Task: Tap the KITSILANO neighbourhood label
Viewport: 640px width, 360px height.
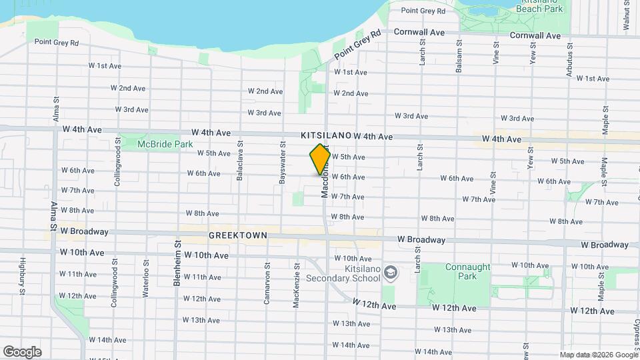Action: (x=325, y=135)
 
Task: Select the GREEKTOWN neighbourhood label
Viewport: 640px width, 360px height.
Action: (x=237, y=235)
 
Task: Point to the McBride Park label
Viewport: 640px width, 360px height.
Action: (x=155, y=144)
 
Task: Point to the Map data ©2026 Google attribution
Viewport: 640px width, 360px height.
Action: (x=597, y=355)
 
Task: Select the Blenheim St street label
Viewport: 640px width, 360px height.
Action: (x=178, y=264)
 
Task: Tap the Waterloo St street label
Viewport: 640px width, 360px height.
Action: (x=145, y=281)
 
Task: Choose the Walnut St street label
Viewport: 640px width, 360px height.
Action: (x=627, y=15)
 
